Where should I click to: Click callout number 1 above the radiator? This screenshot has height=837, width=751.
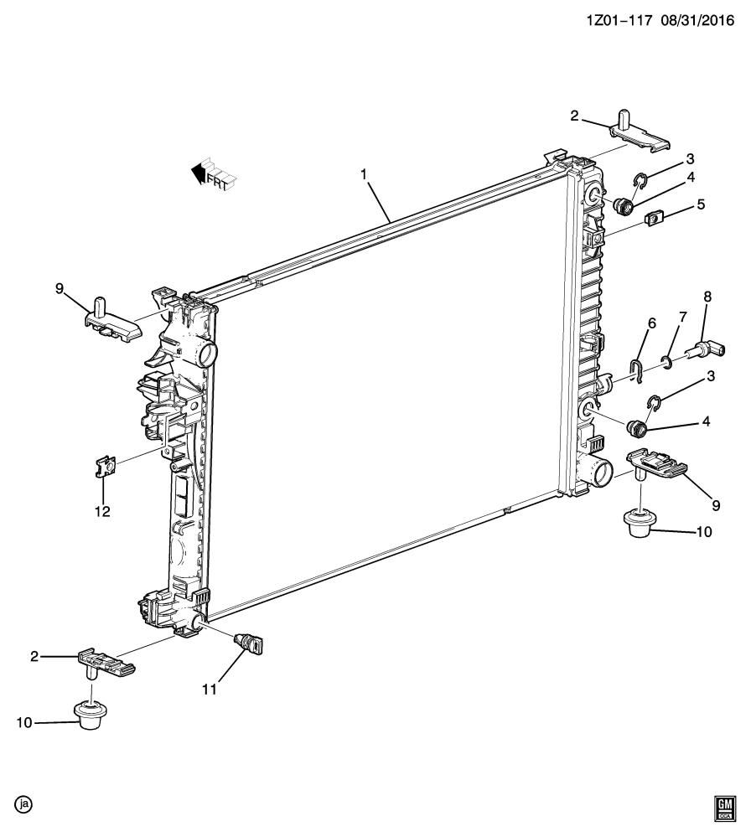pos(364,174)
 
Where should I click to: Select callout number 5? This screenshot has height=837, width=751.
pos(700,204)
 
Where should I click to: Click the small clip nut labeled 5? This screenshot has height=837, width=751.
pos(654,218)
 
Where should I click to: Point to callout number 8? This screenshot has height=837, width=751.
pos(707,297)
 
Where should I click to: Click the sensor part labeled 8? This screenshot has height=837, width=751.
pos(706,351)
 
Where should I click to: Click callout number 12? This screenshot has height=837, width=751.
pos(102,511)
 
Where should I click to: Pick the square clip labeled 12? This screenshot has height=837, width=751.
pos(106,466)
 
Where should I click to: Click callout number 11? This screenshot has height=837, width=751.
pos(210,690)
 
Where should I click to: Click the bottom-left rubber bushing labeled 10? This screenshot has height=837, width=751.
pos(89,716)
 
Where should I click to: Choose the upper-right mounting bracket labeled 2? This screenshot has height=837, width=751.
pos(640,133)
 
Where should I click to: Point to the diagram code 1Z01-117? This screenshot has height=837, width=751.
pos(619,20)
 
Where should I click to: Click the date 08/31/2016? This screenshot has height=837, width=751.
pos(697,20)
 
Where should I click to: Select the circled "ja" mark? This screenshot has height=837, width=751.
pos(23,804)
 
